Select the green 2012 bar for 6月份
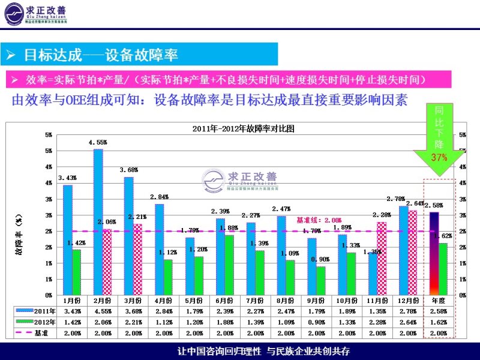pos(229,265)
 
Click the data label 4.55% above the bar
pos(98,143)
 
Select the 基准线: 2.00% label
pos(319,220)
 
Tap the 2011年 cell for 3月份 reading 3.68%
pos(135,311)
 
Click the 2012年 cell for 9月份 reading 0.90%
pos(316,322)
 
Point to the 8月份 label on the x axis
pos(286,300)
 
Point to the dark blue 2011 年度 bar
pos(434,253)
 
